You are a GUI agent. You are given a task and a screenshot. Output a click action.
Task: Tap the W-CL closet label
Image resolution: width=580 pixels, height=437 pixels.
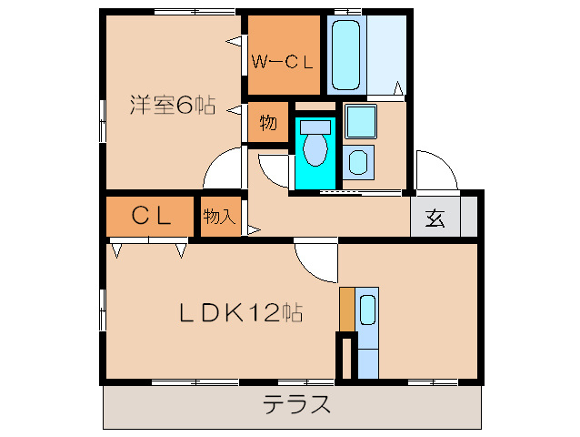tap(283, 62)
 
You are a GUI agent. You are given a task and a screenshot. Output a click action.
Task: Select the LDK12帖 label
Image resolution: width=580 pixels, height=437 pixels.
tap(239, 313)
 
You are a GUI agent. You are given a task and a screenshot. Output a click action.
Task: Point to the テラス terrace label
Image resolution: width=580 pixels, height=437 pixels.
tap(297, 404)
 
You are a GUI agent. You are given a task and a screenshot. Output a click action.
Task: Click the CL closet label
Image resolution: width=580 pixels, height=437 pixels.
tap(151, 217)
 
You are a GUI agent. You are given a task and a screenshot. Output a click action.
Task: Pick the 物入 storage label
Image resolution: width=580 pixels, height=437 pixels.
tap(219, 217)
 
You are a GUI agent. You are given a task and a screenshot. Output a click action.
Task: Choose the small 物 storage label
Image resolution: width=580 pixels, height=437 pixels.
tap(267, 122)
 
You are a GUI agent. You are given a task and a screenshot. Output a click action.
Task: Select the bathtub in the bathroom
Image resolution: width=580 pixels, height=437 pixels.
tap(345, 54)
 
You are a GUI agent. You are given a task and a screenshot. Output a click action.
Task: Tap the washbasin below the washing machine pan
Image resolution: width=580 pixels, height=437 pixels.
tap(359, 162)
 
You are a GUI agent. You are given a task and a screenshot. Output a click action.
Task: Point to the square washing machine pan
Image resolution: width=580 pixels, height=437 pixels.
tap(360, 121)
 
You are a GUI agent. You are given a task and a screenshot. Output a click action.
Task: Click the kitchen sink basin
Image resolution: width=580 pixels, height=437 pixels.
tap(367, 310)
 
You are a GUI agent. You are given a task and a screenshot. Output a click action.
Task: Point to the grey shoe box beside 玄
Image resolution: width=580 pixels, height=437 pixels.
tap(468, 218)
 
